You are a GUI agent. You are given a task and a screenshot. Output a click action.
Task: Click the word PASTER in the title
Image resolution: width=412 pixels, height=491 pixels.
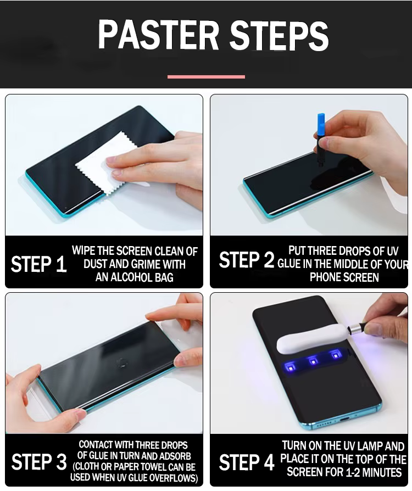coord(158,35)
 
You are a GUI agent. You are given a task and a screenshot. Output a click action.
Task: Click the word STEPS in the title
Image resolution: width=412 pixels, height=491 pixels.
coord(279,35)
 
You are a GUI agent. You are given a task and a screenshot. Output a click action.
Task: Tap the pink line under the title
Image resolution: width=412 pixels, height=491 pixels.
coord(206,77)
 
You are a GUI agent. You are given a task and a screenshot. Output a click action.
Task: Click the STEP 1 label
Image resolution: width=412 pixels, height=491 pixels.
coord(39,264)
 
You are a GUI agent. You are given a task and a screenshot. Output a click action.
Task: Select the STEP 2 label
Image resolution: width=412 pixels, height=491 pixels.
coord(247,260)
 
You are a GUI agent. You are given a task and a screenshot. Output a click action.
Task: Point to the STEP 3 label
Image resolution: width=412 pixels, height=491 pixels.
coord(39,461)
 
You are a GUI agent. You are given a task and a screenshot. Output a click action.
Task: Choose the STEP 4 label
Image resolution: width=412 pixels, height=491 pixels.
coord(247,462)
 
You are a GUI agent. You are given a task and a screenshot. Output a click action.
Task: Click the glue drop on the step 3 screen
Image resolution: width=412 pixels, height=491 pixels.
coord(122,363)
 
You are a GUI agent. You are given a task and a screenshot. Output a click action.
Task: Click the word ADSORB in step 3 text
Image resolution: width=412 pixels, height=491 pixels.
coord(176,456)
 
